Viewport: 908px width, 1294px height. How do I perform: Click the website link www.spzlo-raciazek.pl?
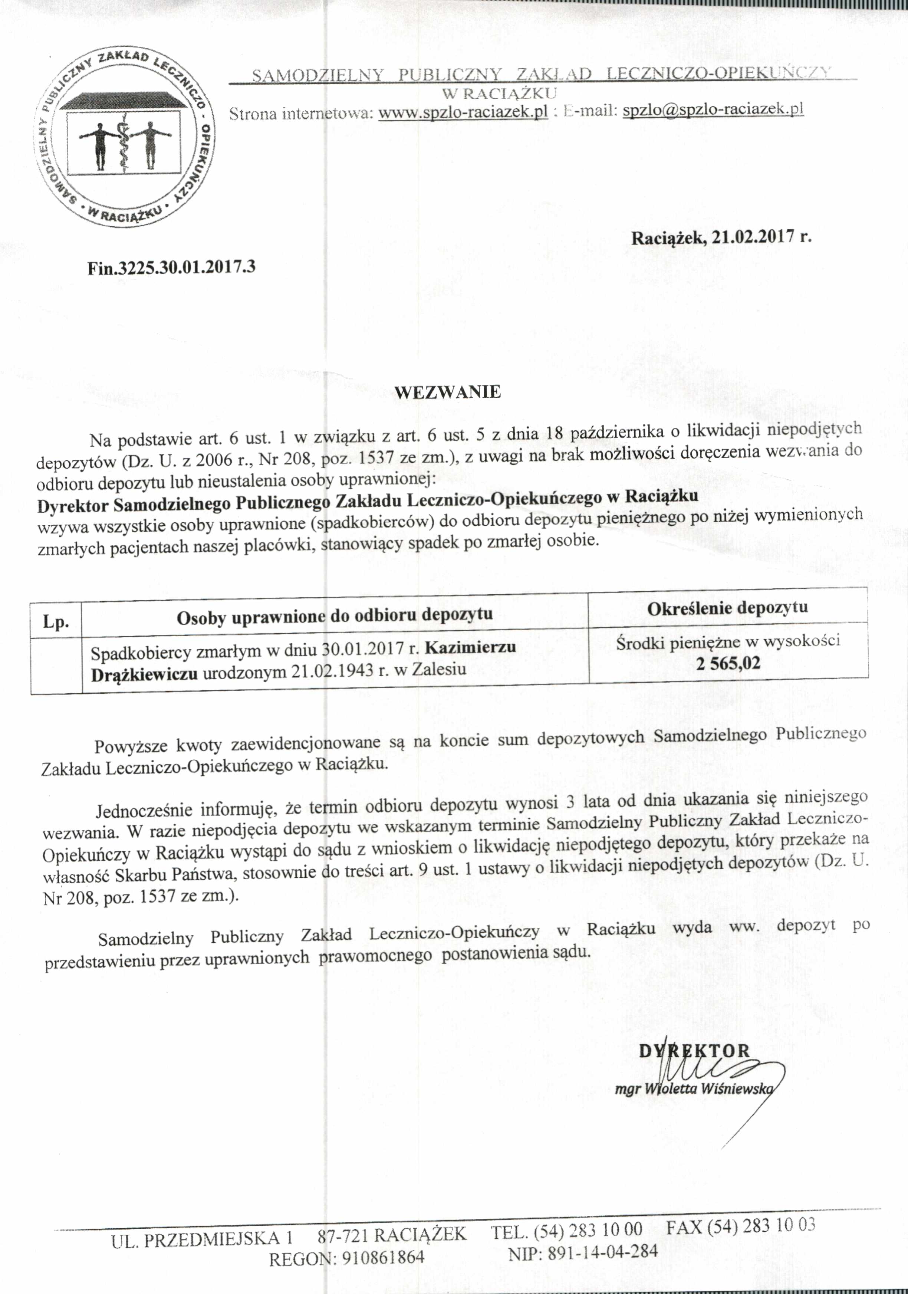[463, 112]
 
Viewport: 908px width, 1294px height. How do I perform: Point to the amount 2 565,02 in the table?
[728, 663]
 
